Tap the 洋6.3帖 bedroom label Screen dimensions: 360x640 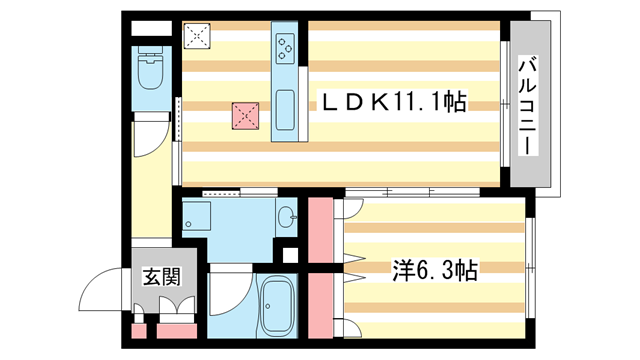433,269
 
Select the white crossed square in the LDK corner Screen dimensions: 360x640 197,37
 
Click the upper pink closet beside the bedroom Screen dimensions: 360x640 321,231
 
